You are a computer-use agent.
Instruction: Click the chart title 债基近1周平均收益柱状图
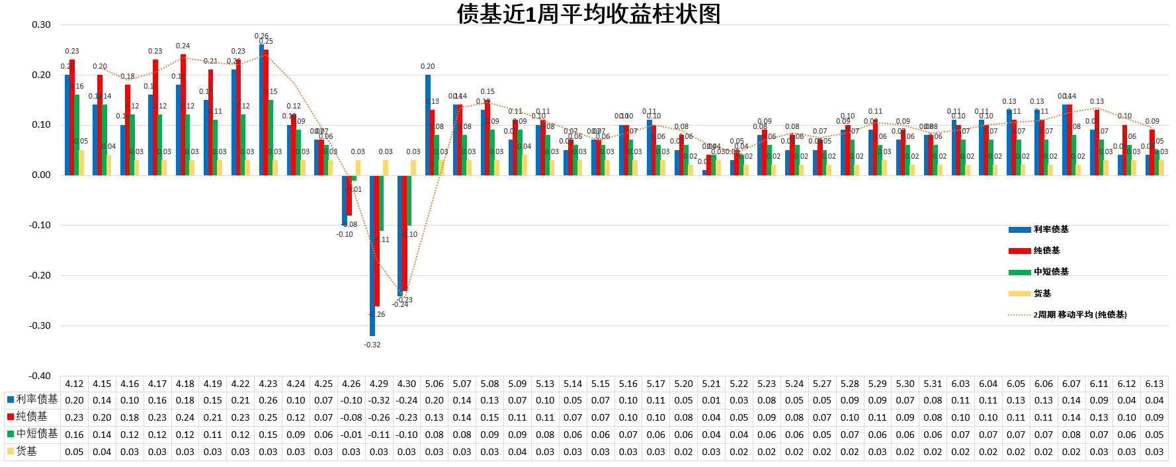[588, 14]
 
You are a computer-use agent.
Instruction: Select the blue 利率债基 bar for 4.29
[372, 255]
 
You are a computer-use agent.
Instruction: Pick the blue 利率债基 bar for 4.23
[261, 110]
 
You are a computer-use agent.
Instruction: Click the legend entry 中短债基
[1050, 272]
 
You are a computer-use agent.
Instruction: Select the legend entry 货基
[1042, 293]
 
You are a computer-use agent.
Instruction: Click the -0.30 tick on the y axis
[40, 325]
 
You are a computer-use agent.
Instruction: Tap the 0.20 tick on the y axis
[41, 75]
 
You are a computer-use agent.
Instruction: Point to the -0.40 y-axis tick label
[40, 376]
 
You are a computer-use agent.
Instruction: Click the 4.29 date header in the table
[379, 384]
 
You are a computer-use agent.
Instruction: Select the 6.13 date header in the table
[1154, 384]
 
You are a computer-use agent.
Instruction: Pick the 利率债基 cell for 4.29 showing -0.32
[379, 400]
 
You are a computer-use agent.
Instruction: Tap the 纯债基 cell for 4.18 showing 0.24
[185, 417]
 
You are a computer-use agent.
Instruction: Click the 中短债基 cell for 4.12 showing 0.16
[74, 435]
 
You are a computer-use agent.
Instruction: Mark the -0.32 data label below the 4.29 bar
[372, 345]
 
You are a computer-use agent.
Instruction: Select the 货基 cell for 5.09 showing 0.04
[517, 452]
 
